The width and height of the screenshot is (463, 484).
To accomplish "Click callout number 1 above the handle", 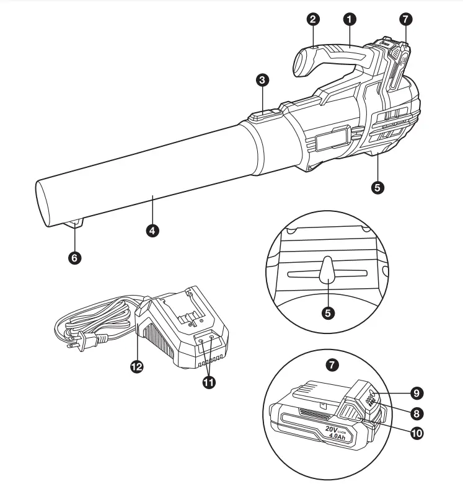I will pyautogui.click(x=350, y=19).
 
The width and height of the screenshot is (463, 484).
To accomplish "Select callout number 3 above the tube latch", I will pyautogui.click(x=262, y=80).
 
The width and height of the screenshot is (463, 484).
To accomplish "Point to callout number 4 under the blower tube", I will pyautogui.click(x=152, y=230).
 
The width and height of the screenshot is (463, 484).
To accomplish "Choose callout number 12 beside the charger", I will pyautogui.click(x=137, y=366).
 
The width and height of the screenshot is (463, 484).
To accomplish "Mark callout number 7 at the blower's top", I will pyautogui.click(x=405, y=19).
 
